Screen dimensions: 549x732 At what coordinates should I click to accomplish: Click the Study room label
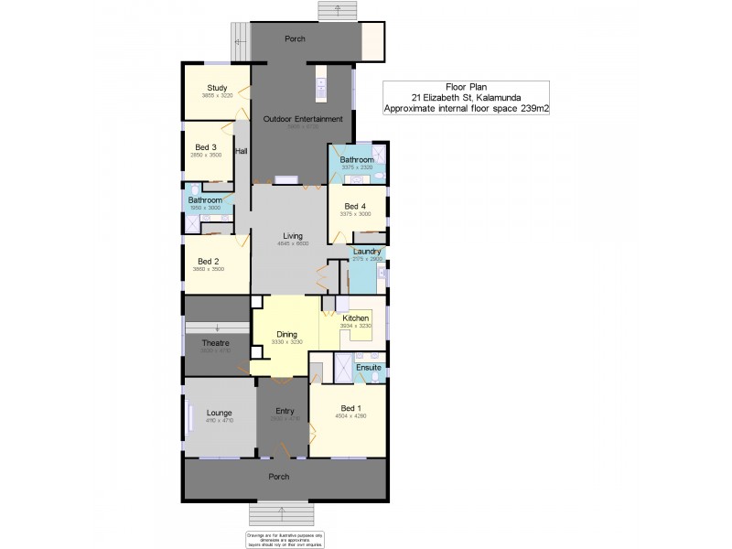click(217, 88)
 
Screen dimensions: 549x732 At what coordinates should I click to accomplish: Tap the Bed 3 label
click(206, 147)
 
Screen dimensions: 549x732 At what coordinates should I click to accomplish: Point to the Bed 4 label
click(356, 206)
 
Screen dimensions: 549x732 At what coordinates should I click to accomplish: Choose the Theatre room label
click(216, 343)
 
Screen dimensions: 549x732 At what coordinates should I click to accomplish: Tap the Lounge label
click(219, 413)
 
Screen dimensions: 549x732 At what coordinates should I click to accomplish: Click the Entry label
click(285, 412)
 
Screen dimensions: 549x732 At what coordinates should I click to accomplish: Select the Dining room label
click(287, 335)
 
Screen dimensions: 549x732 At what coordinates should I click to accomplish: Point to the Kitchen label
click(356, 318)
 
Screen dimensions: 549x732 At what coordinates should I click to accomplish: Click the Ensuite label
click(369, 367)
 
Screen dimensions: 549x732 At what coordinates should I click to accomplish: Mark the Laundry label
click(367, 251)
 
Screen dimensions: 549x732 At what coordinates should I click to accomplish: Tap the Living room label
click(292, 236)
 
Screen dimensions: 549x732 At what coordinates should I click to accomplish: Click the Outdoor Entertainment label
click(303, 119)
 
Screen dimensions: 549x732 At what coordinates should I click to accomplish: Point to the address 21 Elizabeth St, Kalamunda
click(466, 98)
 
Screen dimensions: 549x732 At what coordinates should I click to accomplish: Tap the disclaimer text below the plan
click(285, 539)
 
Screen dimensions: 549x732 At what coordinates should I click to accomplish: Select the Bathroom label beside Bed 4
click(357, 160)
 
